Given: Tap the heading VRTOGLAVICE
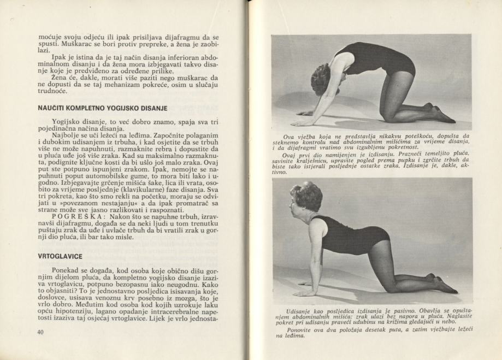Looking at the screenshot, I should point(60,256).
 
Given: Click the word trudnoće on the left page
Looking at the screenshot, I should point(54,91).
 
